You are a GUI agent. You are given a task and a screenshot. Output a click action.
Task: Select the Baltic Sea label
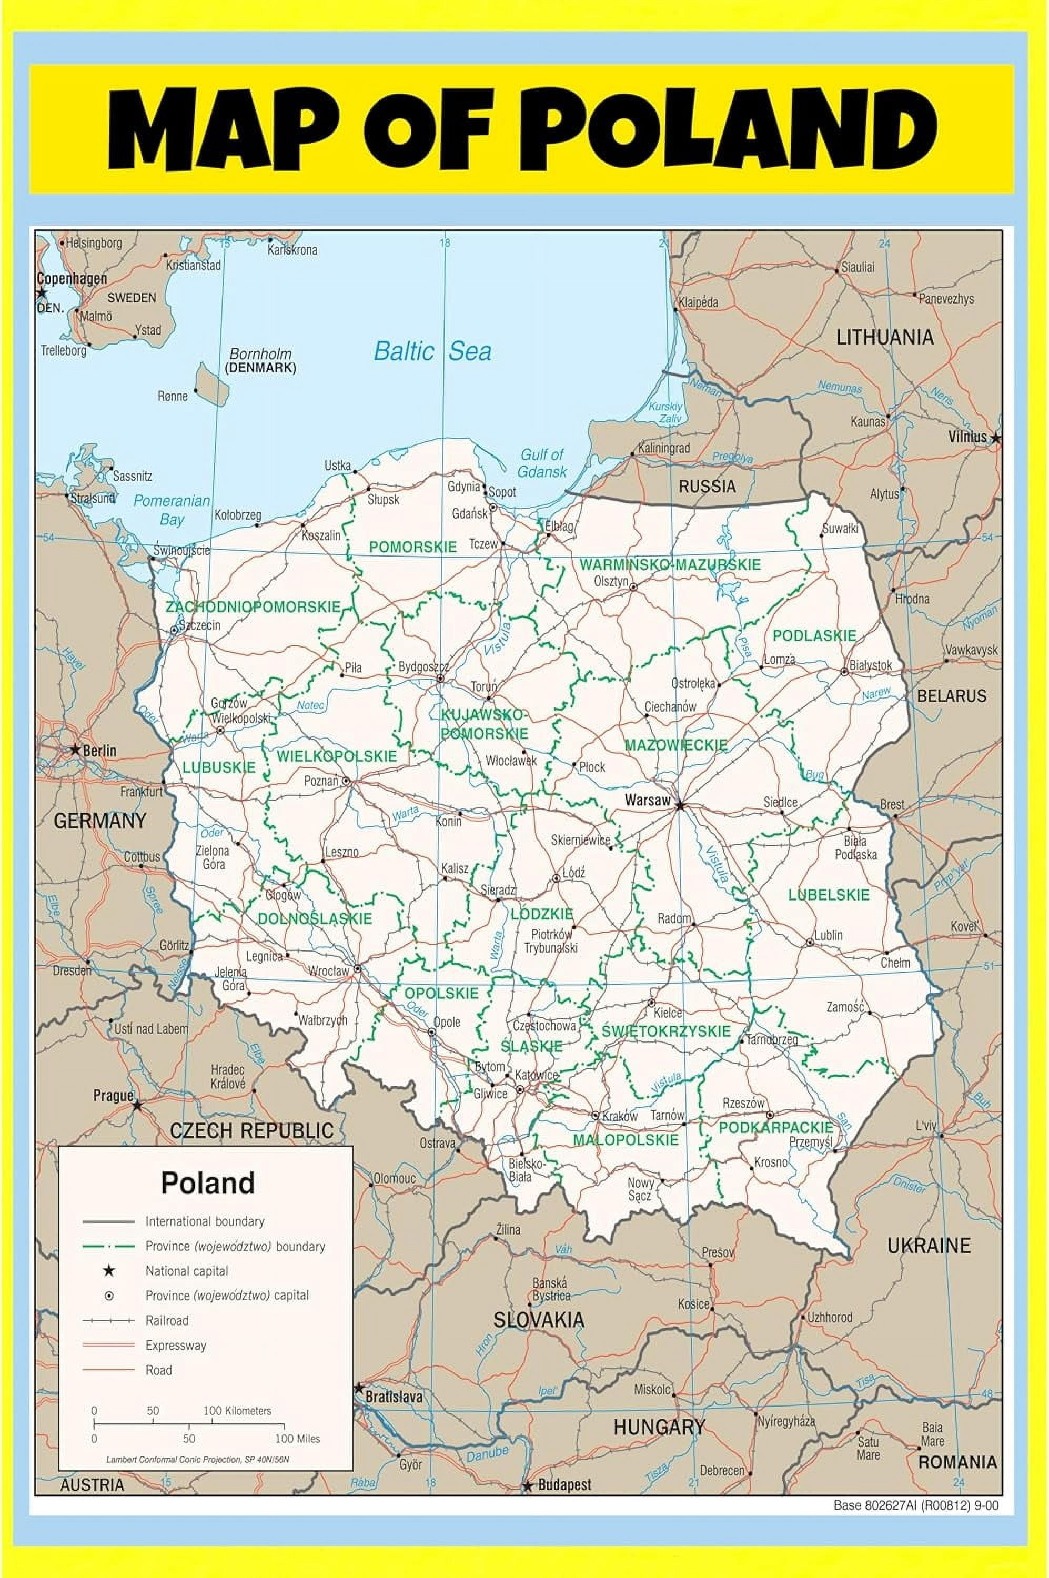(x=432, y=351)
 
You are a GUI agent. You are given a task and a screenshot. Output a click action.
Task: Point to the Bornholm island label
(x=260, y=354)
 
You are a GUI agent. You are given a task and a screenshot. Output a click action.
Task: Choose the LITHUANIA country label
(x=884, y=337)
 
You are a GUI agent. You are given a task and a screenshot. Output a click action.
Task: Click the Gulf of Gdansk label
(x=542, y=462)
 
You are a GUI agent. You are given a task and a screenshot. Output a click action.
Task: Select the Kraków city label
(x=620, y=1116)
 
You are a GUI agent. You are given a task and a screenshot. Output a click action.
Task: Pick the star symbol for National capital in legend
(x=109, y=1271)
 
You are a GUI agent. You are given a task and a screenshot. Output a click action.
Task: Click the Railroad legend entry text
(x=167, y=1320)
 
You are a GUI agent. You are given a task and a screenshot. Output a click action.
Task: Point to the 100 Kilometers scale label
(x=237, y=1411)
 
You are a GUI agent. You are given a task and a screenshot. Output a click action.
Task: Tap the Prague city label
(x=113, y=1096)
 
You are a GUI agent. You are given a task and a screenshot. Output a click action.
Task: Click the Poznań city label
(x=321, y=781)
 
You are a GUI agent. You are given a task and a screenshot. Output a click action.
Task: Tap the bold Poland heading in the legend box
(x=207, y=1182)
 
